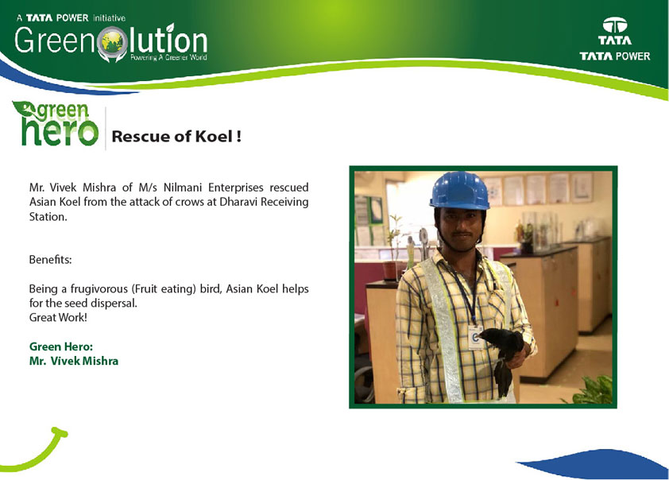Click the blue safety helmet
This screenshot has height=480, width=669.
click(x=459, y=191)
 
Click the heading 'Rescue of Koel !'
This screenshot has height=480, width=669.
click(x=176, y=137)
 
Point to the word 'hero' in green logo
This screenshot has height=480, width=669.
click(x=60, y=131)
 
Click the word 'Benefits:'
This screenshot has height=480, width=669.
click(x=50, y=259)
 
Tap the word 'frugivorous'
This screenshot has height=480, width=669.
click(x=99, y=289)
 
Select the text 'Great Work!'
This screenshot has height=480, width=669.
click(x=58, y=317)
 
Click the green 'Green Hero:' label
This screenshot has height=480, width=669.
click(x=61, y=346)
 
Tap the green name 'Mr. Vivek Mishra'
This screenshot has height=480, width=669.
click(x=74, y=361)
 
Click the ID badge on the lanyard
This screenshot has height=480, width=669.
click(x=475, y=337)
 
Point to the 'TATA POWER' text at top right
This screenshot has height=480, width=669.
click(x=615, y=56)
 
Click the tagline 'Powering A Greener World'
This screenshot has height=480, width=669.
click(x=168, y=57)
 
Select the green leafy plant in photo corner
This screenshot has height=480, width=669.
click(x=591, y=390)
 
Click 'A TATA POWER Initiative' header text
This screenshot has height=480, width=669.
click(x=71, y=18)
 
